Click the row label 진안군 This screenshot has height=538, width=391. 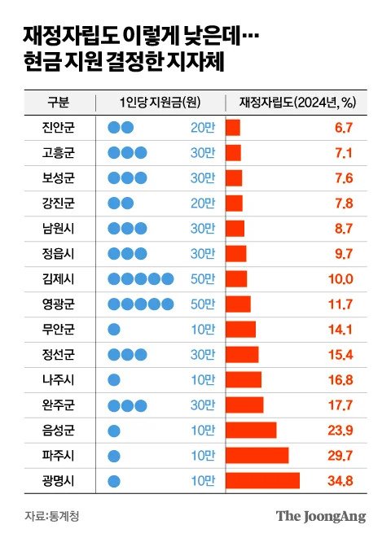[57, 128]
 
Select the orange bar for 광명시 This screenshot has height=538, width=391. [262, 480]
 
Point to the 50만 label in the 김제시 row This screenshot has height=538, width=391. [204, 279]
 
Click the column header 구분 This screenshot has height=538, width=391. [57, 102]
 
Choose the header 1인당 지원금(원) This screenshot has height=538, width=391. [160, 102]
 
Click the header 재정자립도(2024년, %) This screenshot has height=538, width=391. [297, 102]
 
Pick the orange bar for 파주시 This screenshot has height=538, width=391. [257, 455]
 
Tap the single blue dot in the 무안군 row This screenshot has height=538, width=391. [114, 330]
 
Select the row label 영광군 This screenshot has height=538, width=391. [57, 304]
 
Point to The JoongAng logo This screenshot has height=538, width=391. [321, 515]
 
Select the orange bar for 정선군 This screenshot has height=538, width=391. [242, 355]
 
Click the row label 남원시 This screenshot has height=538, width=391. [57, 229]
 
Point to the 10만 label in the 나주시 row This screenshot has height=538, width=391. [204, 380]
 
